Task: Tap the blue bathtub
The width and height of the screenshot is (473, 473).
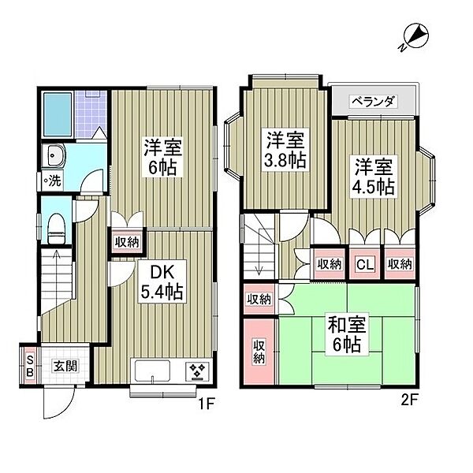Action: [x=58, y=114]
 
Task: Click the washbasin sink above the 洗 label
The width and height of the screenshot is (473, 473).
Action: [x=57, y=155]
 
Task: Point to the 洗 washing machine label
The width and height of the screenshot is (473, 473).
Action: [x=54, y=180]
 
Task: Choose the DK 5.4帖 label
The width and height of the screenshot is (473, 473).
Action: [x=162, y=282]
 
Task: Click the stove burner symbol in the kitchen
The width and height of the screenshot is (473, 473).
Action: [x=195, y=370]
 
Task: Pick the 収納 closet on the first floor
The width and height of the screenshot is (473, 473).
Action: [x=126, y=243]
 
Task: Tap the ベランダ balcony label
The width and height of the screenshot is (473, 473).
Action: [x=373, y=101]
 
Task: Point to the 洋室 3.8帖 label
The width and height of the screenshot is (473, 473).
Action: [x=284, y=149]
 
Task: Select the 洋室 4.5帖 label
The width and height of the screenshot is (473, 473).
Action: [x=373, y=177]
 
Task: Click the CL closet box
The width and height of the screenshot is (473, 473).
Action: [x=365, y=264]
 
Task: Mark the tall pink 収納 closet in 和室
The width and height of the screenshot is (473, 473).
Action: [x=258, y=351]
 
